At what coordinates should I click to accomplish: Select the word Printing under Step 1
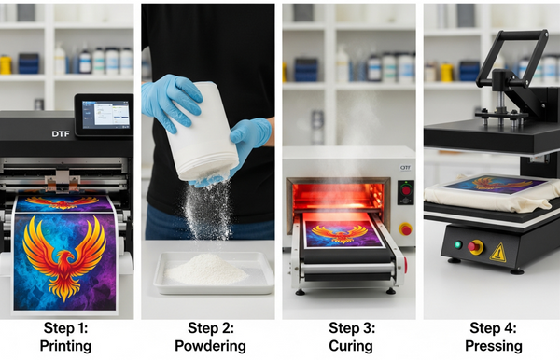67,346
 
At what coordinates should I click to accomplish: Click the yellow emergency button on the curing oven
405,228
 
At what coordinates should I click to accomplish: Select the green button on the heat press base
458,246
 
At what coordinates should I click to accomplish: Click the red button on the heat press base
477,247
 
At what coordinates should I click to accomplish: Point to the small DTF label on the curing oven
405,169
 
